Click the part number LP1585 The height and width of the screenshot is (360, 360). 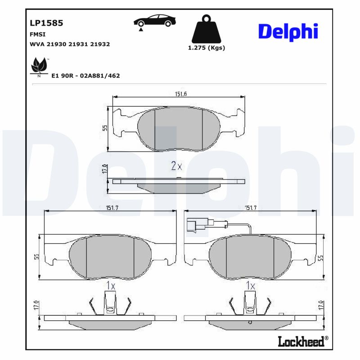[x=46, y=22]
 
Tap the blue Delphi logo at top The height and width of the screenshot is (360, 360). [x=288, y=31]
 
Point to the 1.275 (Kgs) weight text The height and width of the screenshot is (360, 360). [x=207, y=48]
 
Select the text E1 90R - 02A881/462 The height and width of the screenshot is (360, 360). [x=85, y=76]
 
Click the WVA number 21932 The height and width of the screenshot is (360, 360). [x=100, y=44]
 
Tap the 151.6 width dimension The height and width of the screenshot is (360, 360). [x=180, y=93]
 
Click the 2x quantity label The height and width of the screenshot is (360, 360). [x=176, y=166]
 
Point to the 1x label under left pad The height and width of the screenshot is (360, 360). [x=111, y=285]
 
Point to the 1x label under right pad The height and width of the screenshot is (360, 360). [x=251, y=285]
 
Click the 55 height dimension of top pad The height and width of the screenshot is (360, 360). [x=105, y=128]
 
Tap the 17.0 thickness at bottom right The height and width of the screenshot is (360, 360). [x=321, y=305]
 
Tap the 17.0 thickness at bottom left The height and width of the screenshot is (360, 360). [x=36, y=305]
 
